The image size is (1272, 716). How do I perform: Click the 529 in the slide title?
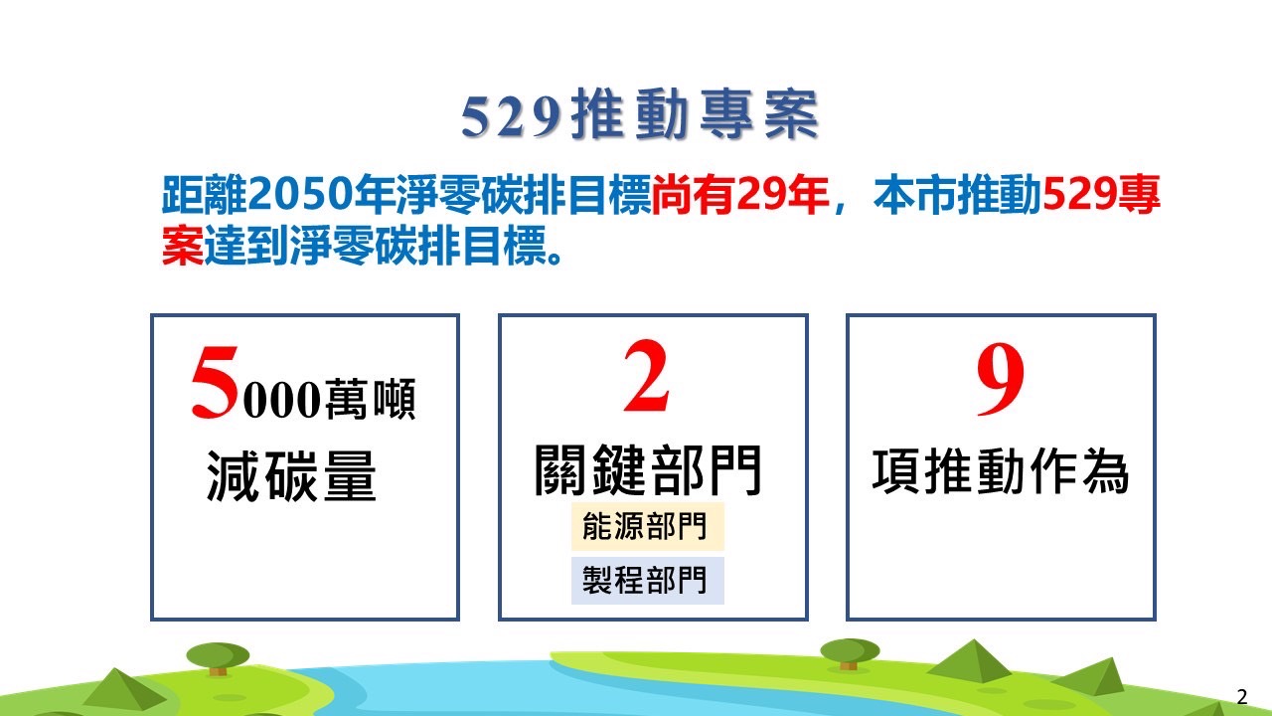pos(510,117)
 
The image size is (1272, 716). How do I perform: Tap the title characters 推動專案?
pos(695,114)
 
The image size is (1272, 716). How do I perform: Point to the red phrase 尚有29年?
pos(740,195)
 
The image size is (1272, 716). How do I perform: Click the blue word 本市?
pos(915,195)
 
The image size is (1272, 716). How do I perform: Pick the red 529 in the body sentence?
pos(1078,195)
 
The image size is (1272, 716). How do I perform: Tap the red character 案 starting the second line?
pos(182,246)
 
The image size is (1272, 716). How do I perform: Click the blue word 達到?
pos(246,246)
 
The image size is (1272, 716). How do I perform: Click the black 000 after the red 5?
pos(281,400)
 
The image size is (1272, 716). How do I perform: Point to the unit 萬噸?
pos(371,399)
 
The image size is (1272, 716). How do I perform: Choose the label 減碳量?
pos(291,476)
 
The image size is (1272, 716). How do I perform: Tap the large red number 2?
pos(646,375)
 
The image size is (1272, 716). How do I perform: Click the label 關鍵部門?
pos(648,470)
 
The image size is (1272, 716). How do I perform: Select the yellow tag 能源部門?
pos(647,526)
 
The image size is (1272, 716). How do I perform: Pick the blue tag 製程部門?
pos(647,580)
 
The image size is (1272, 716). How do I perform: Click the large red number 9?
pos(1001,379)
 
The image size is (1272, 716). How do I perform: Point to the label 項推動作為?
pos(1001,471)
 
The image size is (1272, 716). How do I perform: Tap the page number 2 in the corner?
pos(1242,696)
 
